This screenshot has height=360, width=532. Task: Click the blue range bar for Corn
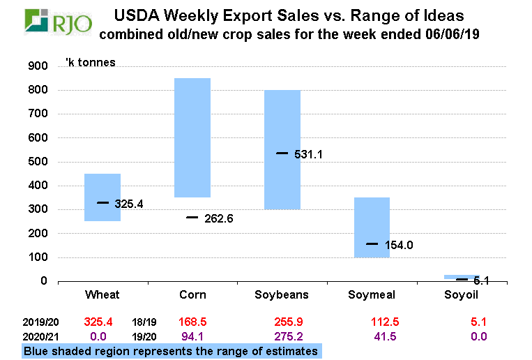(192, 137)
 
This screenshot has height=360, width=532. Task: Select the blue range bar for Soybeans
(282, 149)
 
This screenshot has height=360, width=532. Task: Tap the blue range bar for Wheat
(102, 197)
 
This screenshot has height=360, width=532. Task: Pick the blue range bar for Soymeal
(372, 227)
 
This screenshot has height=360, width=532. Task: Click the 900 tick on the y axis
(36, 66)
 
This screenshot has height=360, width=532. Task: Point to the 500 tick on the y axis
(36, 162)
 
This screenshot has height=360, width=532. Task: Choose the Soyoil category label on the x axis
(461, 295)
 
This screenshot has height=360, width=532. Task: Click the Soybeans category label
(282, 295)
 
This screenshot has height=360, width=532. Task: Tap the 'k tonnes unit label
(90, 62)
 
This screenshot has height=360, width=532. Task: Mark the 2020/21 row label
(41, 336)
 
